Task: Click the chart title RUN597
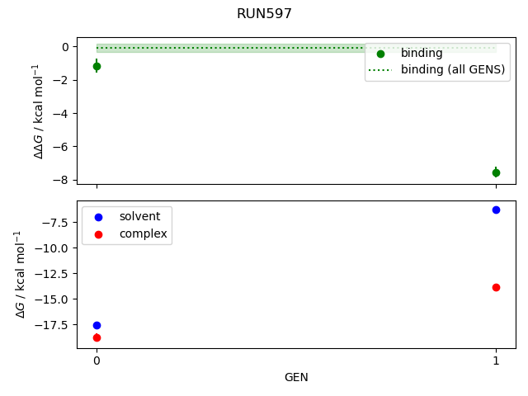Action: [264, 14]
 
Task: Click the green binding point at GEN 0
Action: [97, 66]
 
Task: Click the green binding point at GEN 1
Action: [496, 172]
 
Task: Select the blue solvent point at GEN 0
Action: [97, 326]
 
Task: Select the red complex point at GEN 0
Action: [97, 337]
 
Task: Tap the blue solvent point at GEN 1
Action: [496, 210]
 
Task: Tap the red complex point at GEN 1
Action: [496, 287]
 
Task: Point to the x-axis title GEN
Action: [296, 377]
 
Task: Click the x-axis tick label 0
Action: [97, 361]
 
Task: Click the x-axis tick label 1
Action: [496, 361]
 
